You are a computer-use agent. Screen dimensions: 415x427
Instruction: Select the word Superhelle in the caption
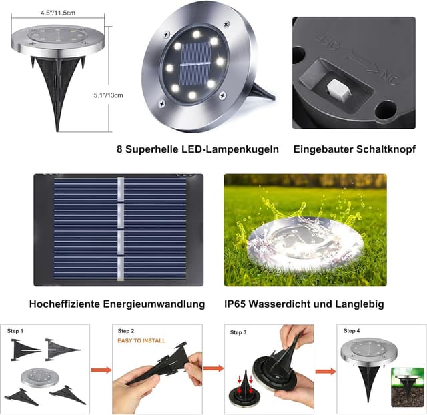[155, 149]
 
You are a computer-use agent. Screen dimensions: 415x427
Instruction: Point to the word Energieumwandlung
[153, 304]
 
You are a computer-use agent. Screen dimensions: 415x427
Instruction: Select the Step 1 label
[15, 331]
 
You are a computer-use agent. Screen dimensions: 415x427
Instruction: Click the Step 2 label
[126, 331]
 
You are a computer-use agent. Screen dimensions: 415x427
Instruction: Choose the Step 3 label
[238, 332]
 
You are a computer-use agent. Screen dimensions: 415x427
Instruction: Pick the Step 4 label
[352, 331]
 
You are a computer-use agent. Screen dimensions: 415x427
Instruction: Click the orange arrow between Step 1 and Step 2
[101, 369]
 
